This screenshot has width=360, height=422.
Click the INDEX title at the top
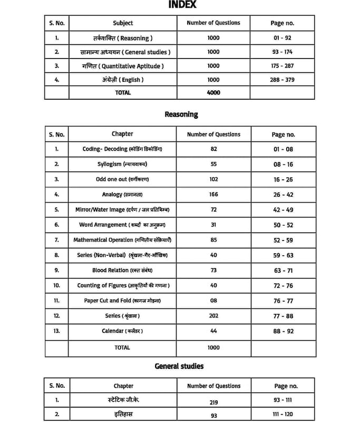tap(182, 5)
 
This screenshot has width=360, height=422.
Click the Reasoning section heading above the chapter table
tap(181, 114)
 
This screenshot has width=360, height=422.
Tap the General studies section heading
tap(179, 366)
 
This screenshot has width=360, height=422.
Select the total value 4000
tap(213, 93)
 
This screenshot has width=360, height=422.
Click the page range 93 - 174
tap(283, 52)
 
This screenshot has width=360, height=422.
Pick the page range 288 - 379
tap(283, 80)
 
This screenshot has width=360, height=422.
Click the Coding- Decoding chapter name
tap(122, 149)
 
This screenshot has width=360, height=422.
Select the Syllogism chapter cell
tap(122, 165)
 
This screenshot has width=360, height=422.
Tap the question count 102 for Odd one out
tap(213, 179)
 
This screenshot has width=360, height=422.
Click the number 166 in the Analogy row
tap(213, 195)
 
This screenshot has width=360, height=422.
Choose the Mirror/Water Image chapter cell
tap(122, 210)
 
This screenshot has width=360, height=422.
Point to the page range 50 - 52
tap(283, 225)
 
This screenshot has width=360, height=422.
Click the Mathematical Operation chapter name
tap(122, 240)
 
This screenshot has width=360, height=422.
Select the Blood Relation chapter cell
tap(122, 270)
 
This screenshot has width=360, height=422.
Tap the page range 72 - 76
tap(283, 285)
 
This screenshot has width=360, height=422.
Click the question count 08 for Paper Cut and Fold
tap(213, 301)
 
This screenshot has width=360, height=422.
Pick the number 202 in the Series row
tap(213, 315)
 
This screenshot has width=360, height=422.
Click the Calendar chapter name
tap(122, 331)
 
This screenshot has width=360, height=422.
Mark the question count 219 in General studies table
tap(213, 402)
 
